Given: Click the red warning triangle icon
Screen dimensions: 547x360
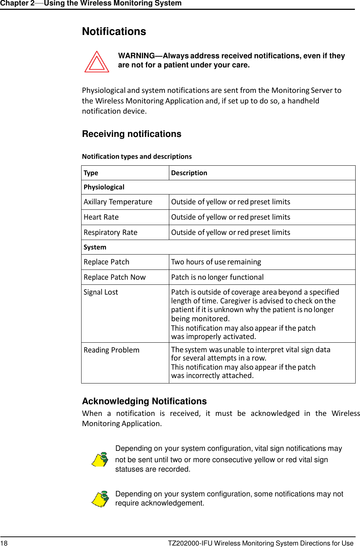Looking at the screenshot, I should pos(97,62).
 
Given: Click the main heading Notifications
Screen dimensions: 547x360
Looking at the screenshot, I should pos(114,32).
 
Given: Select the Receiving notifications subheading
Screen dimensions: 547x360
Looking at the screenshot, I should pos(131,134).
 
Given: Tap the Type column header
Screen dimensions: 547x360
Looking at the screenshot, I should pos(91,173).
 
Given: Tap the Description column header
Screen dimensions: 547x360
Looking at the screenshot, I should pos(189,173).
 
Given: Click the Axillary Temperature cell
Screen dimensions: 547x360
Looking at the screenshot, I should pos(118,202).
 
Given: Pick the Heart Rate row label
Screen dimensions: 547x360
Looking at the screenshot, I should pos(101,217).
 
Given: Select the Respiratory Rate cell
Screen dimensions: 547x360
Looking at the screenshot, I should pos(110,233).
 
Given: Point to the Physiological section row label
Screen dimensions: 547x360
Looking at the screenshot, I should pos(104,187).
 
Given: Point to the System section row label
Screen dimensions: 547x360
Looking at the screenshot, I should pos(95,247).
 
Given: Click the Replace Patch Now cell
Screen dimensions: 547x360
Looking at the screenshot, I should pos(115,278).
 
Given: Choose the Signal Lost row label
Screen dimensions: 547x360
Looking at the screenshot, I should pos(101,292).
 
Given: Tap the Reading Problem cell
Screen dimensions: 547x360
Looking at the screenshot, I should pos(111,350).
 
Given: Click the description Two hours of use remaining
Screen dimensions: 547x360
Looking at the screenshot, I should pos(216,262).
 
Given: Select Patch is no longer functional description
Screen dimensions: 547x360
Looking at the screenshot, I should pos(217,278).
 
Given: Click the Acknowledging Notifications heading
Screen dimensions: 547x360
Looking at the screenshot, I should pos(144,401).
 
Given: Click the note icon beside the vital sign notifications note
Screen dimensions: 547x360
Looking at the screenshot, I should pos(100,459).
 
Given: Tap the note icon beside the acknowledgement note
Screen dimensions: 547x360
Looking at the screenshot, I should pos(100,499).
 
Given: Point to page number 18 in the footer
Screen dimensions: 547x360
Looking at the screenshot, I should pos(4,543).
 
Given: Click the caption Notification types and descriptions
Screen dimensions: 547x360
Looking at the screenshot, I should pos(137,157).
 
